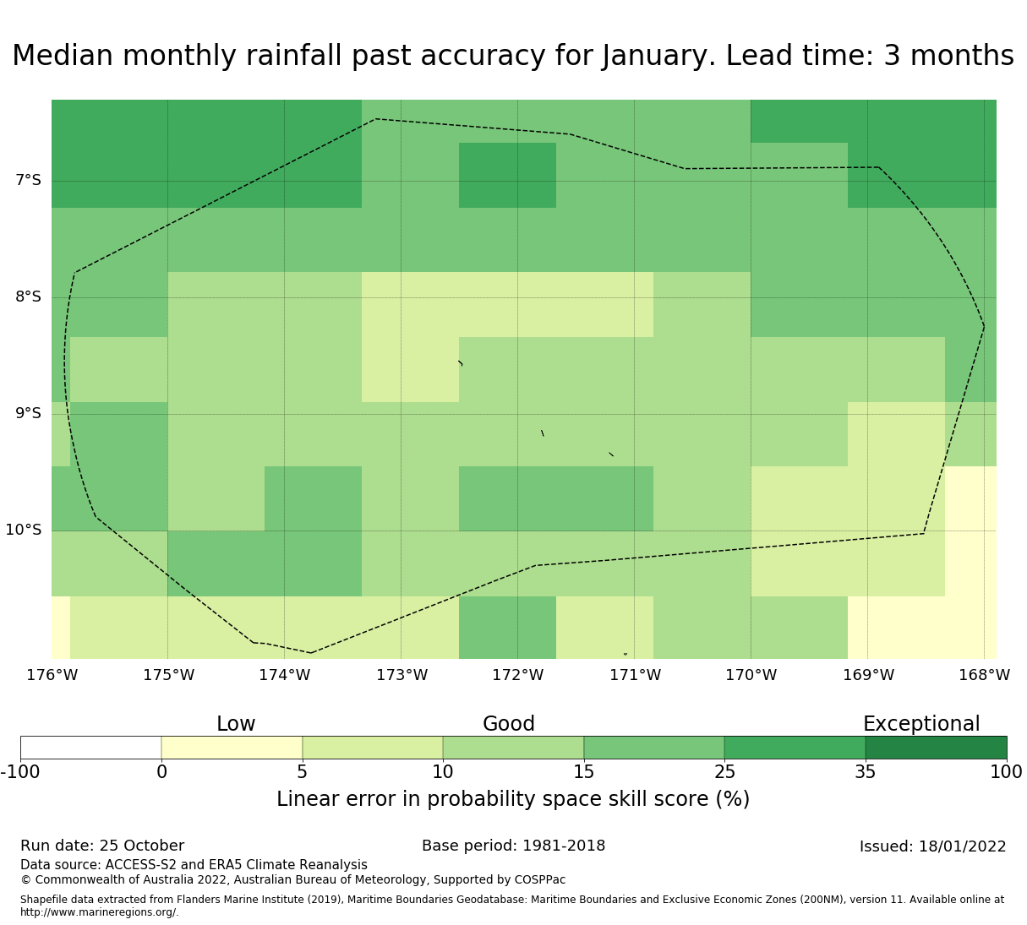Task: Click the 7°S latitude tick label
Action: click(28, 180)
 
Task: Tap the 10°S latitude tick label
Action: click(24, 530)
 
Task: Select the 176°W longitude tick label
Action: click(52, 675)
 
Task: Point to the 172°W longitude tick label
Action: click(517, 675)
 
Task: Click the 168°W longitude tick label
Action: click(984, 675)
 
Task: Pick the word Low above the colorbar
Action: click(236, 724)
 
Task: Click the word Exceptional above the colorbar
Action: click(921, 724)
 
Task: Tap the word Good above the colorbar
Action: click(509, 724)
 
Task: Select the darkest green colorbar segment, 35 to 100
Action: click(936, 748)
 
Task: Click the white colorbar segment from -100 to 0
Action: click(90, 748)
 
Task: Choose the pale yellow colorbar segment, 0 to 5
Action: click(232, 748)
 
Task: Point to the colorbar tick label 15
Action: click(583, 771)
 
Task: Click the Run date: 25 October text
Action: click(102, 846)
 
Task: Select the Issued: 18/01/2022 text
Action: click(932, 846)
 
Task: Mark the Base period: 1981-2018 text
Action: click(513, 846)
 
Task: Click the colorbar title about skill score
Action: click(513, 799)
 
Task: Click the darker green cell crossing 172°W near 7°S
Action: click(507, 175)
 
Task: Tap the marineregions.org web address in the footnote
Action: click(99, 912)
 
